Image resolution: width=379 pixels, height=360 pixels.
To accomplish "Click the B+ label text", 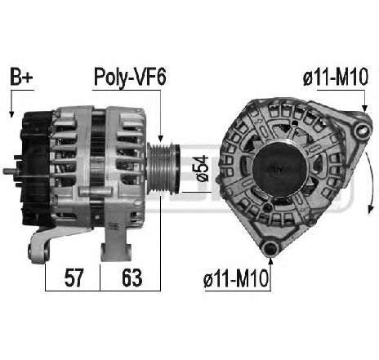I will pyautogui.click(x=22, y=78).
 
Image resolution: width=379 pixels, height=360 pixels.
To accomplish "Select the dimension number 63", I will pyautogui.click(x=130, y=278).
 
